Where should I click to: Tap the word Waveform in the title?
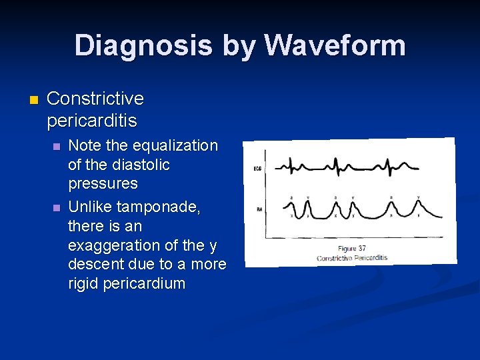click(335, 45)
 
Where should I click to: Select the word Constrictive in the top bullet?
click(95, 99)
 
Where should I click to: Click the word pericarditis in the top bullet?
click(92, 121)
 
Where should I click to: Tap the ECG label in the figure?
click(257, 169)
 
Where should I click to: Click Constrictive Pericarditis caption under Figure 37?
click(351, 257)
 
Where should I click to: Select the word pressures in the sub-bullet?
click(103, 183)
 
